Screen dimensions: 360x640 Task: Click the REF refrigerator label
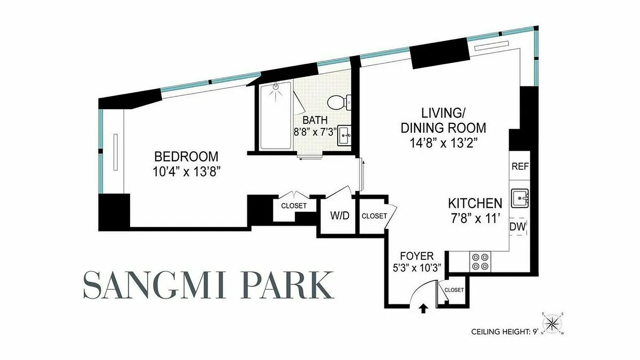520,166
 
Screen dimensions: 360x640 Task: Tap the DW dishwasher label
518,227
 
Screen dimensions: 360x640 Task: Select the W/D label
340,216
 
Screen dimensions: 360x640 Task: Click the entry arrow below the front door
423,309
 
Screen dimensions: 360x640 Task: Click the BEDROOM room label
186,157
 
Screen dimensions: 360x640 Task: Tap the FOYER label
417,256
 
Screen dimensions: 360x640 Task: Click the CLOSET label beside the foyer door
454,290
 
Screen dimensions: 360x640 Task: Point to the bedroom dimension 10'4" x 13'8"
186,171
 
